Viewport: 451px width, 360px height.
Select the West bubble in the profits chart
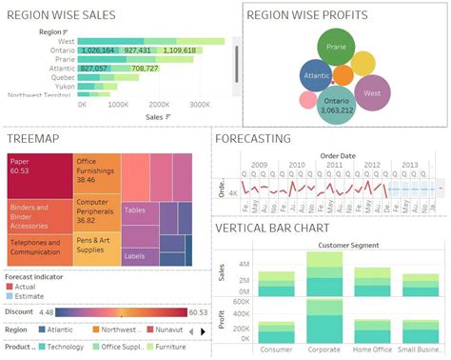(x=373, y=93)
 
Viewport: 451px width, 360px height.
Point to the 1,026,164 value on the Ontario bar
(x=99, y=50)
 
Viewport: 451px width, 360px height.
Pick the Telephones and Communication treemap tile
(x=39, y=248)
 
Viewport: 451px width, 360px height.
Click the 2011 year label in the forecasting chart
(x=333, y=164)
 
